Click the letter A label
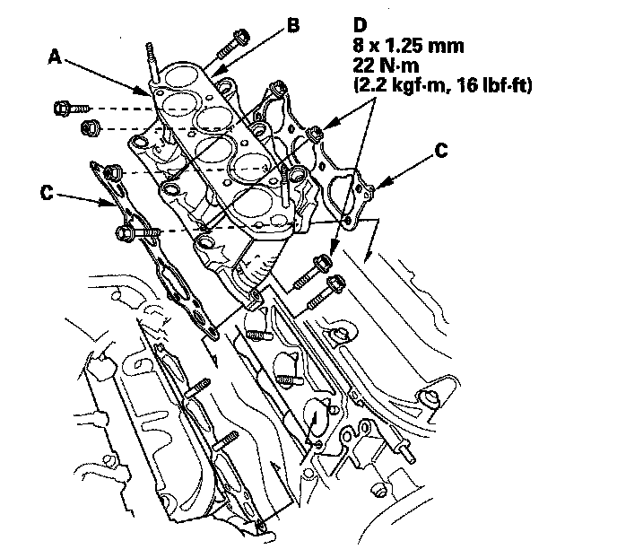click(56, 57)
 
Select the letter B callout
click(292, 25)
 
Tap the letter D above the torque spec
click(360, 25)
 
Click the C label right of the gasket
click(441, 150)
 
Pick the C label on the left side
click(47, 193)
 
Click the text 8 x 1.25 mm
click(408, 46)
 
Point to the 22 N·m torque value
click(386, 65)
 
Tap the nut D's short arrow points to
click(315, 134)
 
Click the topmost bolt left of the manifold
click(72, 108)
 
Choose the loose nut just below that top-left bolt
click(90, 128)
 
